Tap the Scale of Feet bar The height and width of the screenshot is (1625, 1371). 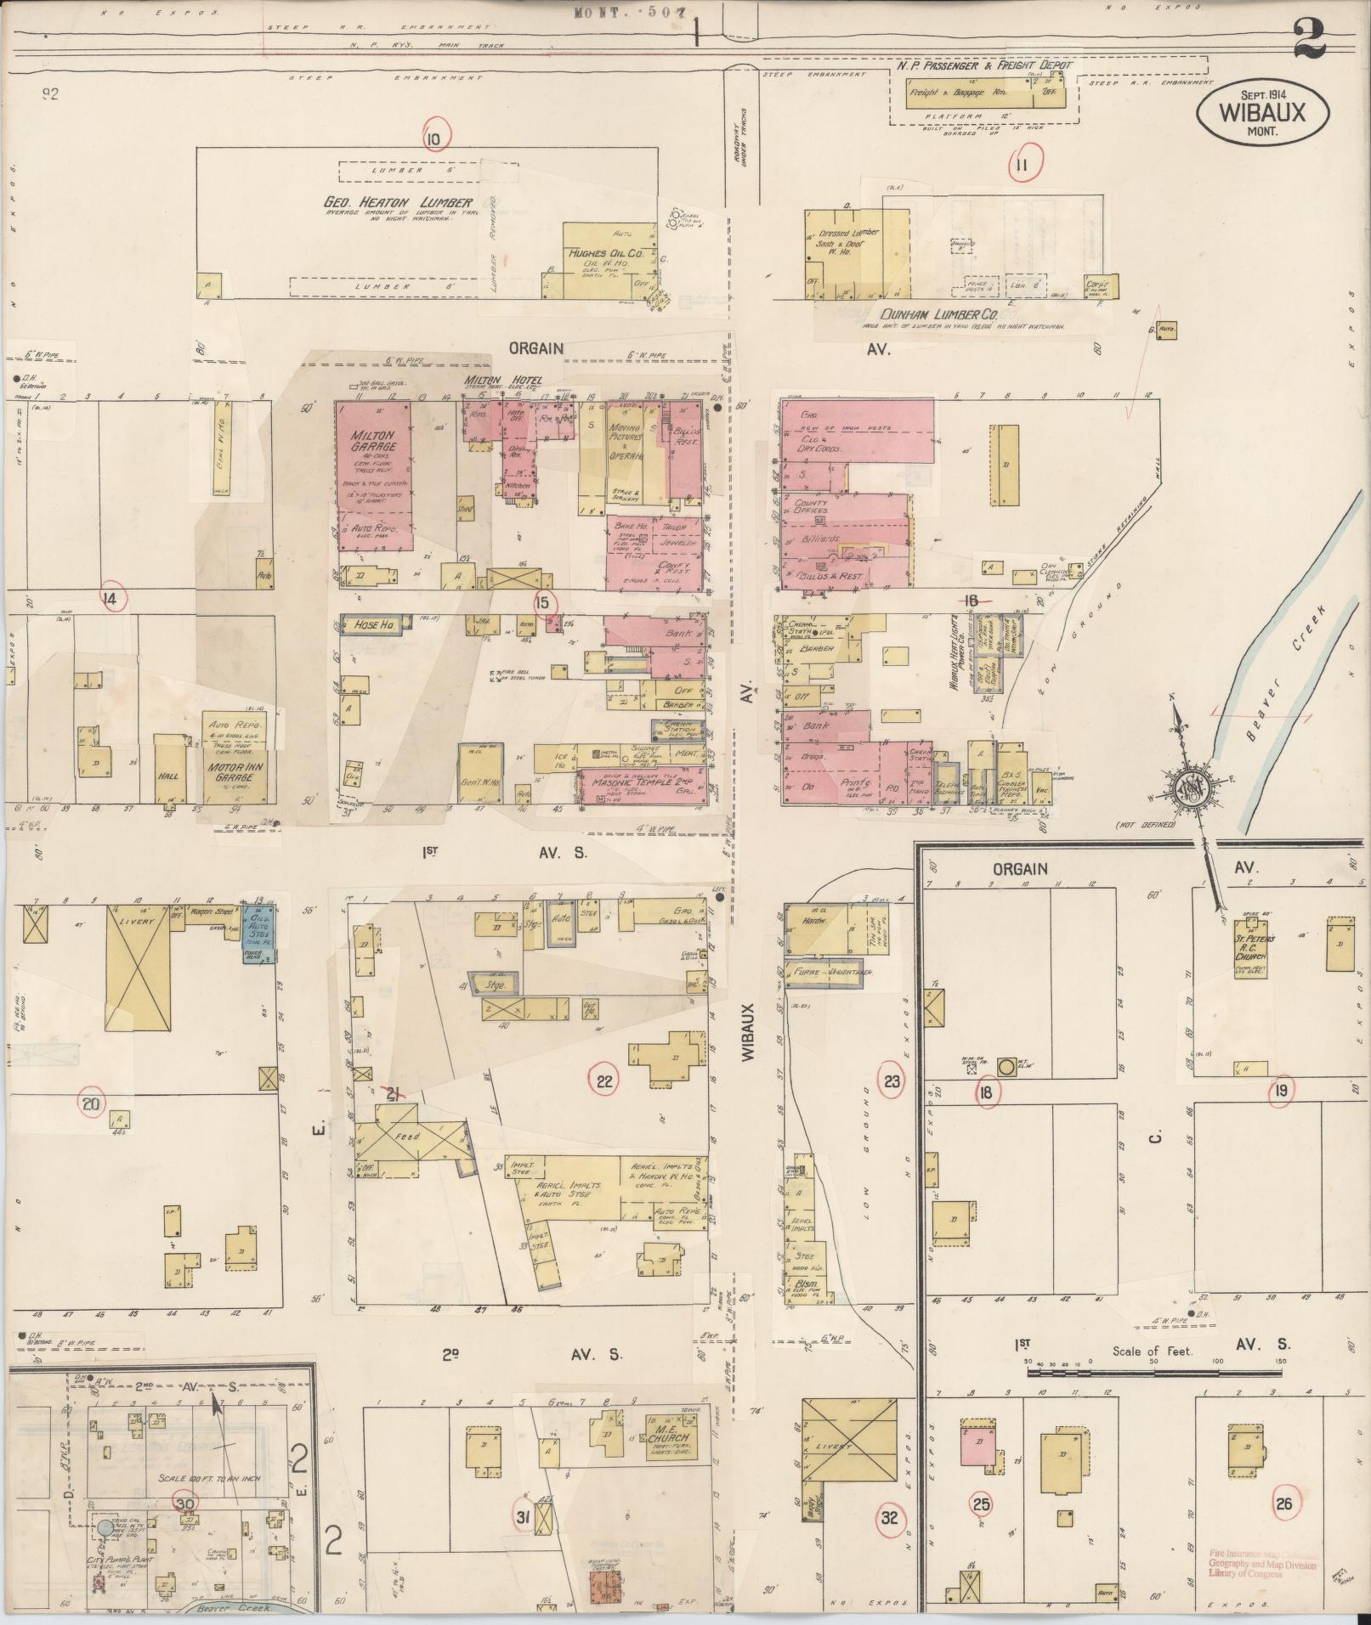tap(1153, 1370)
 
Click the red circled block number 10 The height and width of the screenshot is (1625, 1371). tap(434, 138)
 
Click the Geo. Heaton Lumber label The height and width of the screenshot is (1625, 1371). tap(398, 202)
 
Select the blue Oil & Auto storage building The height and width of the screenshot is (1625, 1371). tap(258, 929)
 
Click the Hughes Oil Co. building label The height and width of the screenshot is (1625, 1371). tap(603, 252)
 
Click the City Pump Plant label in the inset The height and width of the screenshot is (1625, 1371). tap(112, 1561)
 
